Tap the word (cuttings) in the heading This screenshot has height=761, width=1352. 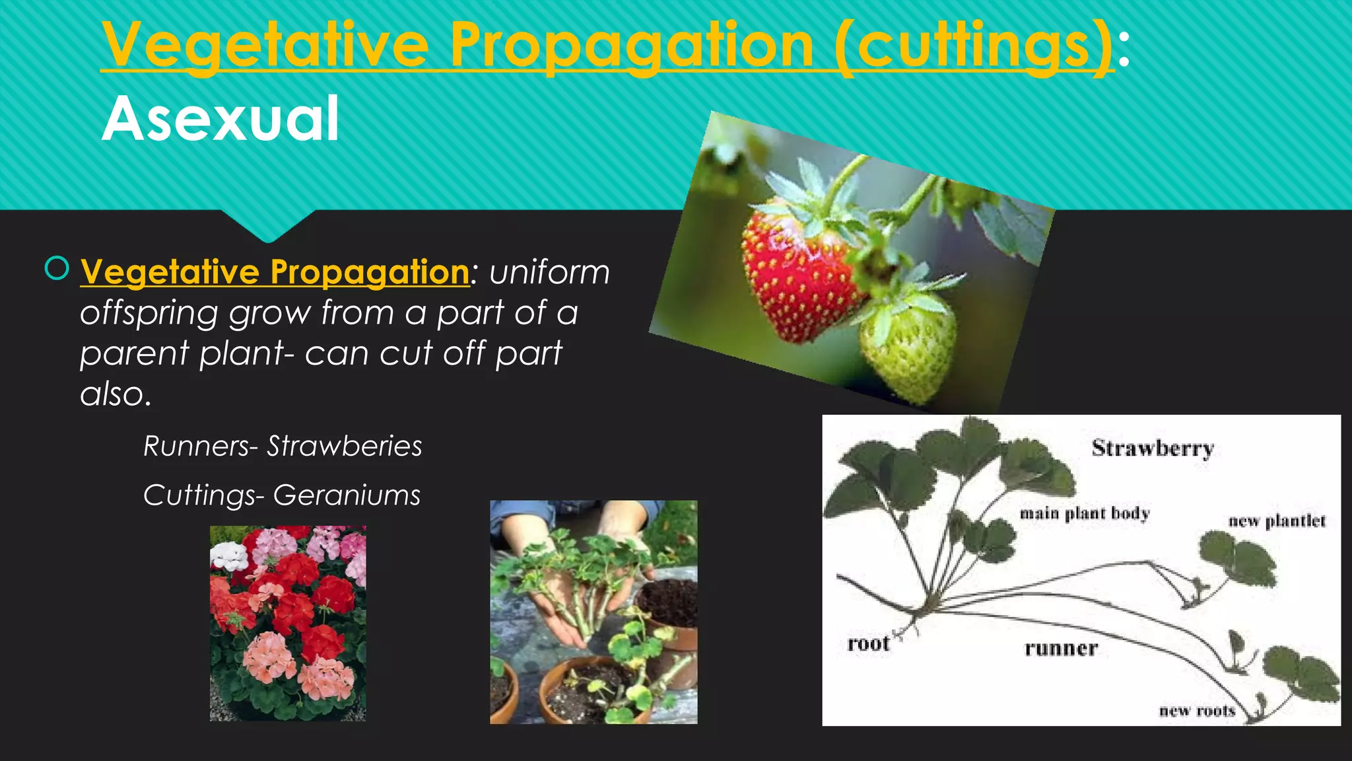[974, 45]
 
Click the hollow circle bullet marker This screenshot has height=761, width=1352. [57, 268]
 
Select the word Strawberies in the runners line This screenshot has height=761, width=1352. [344, 447]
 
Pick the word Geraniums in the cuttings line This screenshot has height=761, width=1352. [347, 495]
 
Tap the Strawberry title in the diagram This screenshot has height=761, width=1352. [1153, 449]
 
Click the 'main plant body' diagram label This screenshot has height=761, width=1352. [1085, 513]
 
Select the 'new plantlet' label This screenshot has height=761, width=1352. [1276, 521]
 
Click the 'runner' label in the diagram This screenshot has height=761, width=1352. [1061, 649]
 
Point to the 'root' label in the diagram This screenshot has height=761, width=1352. [868, 643]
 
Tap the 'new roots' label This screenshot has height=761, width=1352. [1197, 711]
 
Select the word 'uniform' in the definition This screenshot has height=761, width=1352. [549, 272]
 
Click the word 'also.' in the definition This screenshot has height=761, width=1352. [116, 394]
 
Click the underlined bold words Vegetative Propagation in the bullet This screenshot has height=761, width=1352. [275, 272]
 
